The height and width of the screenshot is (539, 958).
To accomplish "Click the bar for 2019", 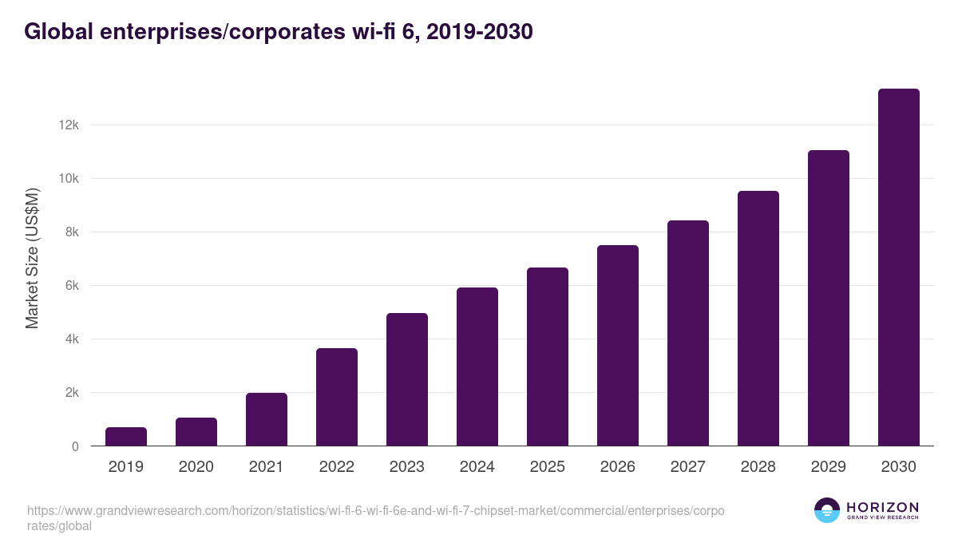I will (126, 437).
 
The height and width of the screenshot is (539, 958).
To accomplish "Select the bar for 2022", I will (337, 397).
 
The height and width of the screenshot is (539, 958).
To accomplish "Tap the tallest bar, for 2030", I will (898, 268).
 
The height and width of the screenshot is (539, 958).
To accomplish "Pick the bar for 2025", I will (548, 357).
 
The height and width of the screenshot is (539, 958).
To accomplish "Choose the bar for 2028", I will (758, 319).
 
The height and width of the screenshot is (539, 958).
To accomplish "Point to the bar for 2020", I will (196, 432).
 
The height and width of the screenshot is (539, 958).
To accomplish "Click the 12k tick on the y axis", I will (68, 125).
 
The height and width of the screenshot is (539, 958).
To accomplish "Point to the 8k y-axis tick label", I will (70, 232).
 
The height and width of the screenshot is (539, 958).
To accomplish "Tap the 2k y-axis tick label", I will (70, 393).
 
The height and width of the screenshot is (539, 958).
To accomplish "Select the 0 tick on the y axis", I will (75, 446).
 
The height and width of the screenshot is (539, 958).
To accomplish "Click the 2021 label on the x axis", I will (267, 467).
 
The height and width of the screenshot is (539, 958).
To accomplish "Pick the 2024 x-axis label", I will (477, 467).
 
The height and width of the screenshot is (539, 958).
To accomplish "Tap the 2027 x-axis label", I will (688, 467).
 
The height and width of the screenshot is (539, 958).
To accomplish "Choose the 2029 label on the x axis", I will (829, 467).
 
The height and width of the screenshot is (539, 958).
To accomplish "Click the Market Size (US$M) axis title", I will (32, 258).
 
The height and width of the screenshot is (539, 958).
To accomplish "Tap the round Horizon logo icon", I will (826, 510).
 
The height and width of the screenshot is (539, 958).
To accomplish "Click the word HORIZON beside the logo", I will (882, 507).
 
